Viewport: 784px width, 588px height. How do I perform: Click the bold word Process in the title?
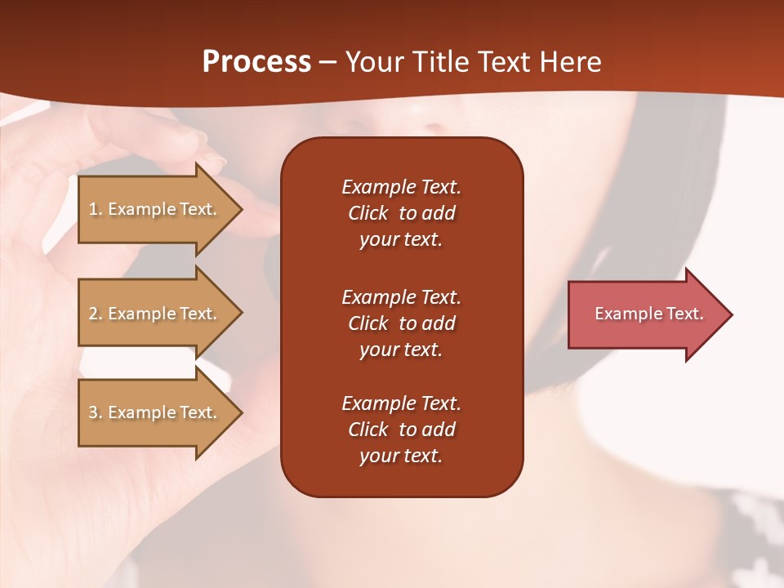[x=256, y=62]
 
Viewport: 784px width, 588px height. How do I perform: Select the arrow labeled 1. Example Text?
[x=153, y=209]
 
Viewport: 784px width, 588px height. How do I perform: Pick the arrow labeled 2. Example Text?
[x=153, y=314]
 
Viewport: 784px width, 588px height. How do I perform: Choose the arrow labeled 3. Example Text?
[x=153, y=412]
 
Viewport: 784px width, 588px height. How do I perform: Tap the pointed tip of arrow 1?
[x=240, y=210]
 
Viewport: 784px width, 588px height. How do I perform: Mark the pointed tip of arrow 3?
[x=240, y=412]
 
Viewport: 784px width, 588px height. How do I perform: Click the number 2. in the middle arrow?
[x=96, y=314]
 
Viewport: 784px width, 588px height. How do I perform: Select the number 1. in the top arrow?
[x=96, y=209]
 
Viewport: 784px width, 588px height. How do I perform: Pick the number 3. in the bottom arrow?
[x=96, y=412]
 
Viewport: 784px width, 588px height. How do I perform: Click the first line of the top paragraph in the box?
[x=401, y=187]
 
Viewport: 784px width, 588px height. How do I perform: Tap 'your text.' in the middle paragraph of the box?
[x=401, y=350]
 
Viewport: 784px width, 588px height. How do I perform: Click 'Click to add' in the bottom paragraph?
[x=401, y=430]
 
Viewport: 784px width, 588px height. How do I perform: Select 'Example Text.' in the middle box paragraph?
[x=401, y=297]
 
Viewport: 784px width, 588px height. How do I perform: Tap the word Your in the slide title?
[x=374, y=62]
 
